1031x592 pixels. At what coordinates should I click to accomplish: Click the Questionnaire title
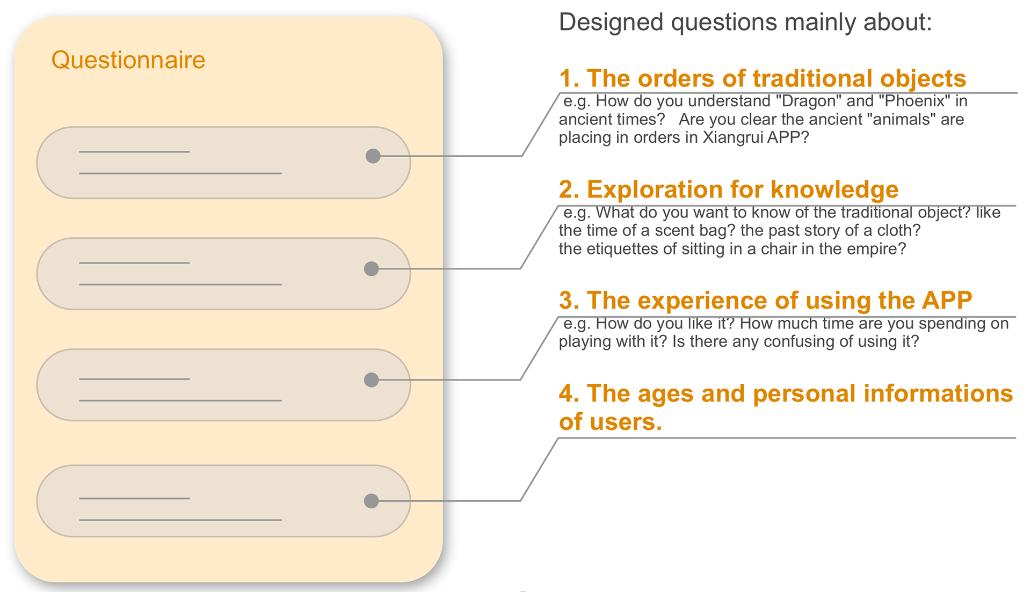point(128,60)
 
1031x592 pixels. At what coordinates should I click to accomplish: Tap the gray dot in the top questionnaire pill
point(373,156)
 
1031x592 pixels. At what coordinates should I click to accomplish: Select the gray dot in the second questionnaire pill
point(371,269)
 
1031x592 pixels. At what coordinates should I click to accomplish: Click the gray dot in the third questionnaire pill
point(371,380)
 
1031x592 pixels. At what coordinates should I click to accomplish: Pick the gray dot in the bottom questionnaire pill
point(371,501)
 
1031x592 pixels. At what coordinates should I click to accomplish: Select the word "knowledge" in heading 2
point(834,189)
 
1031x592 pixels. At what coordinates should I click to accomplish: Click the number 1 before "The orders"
point(567,79)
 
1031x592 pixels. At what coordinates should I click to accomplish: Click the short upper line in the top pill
point(134,152)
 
